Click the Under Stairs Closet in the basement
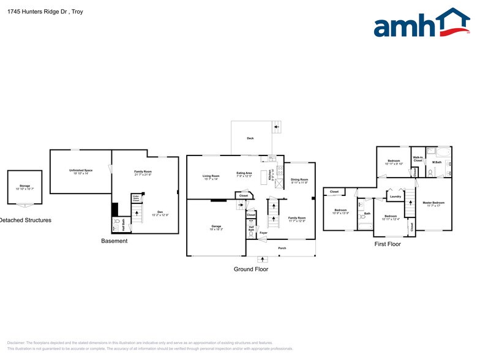pos(136,199)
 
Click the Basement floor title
pos(114,241)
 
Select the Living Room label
pos(211,177)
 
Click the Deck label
pos(250,139)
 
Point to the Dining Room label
pos(299,181)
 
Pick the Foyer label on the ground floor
pos(263,233)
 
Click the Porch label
pos(282,248)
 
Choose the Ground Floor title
pos(251,269)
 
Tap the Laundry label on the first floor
pos(396,197)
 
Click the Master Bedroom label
pos(433,203)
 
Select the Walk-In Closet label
pos(418,159)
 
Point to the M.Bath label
pos(437,162)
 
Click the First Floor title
pos(388,244)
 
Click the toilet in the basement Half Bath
pos(116,226)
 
